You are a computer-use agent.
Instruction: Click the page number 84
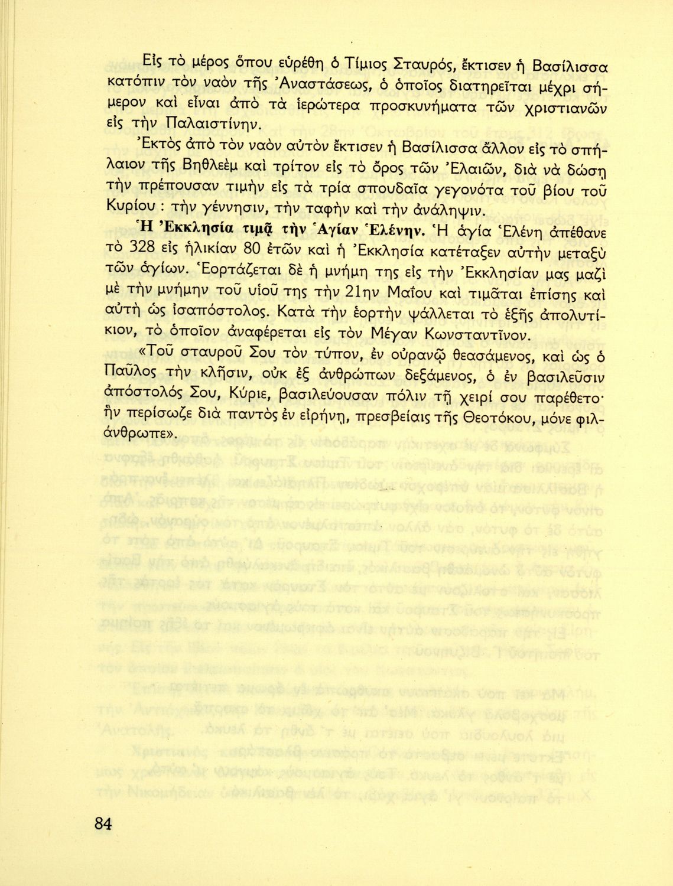coord(102,823)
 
